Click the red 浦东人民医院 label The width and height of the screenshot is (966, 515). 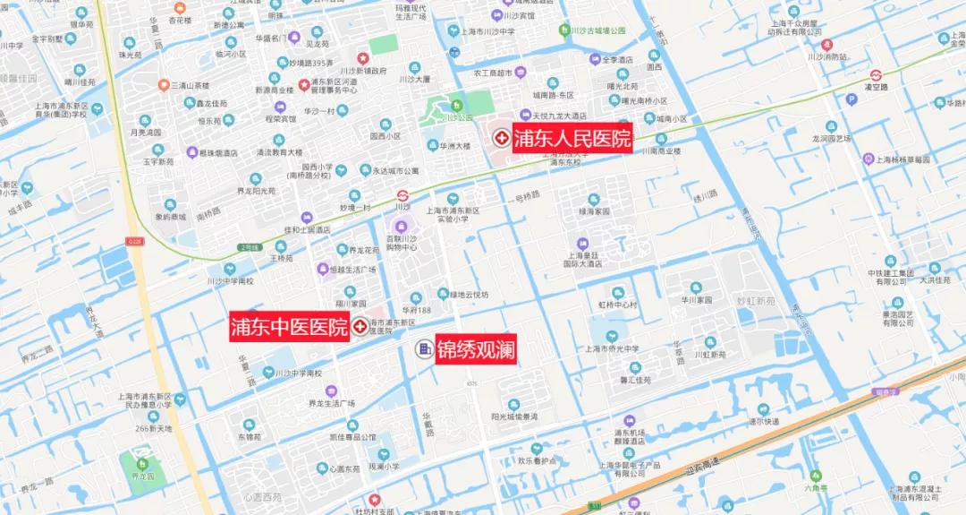click(x=572, y=139)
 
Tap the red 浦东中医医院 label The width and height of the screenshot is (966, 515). click(x=289, y=327)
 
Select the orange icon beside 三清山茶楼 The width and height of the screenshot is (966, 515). click(x=164, y=85)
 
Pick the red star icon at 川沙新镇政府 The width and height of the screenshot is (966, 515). click(x=362, y=58)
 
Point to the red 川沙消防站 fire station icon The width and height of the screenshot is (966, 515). click(x=826, y=44)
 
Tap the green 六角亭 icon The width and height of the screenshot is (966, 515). click(x=814, y=476)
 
